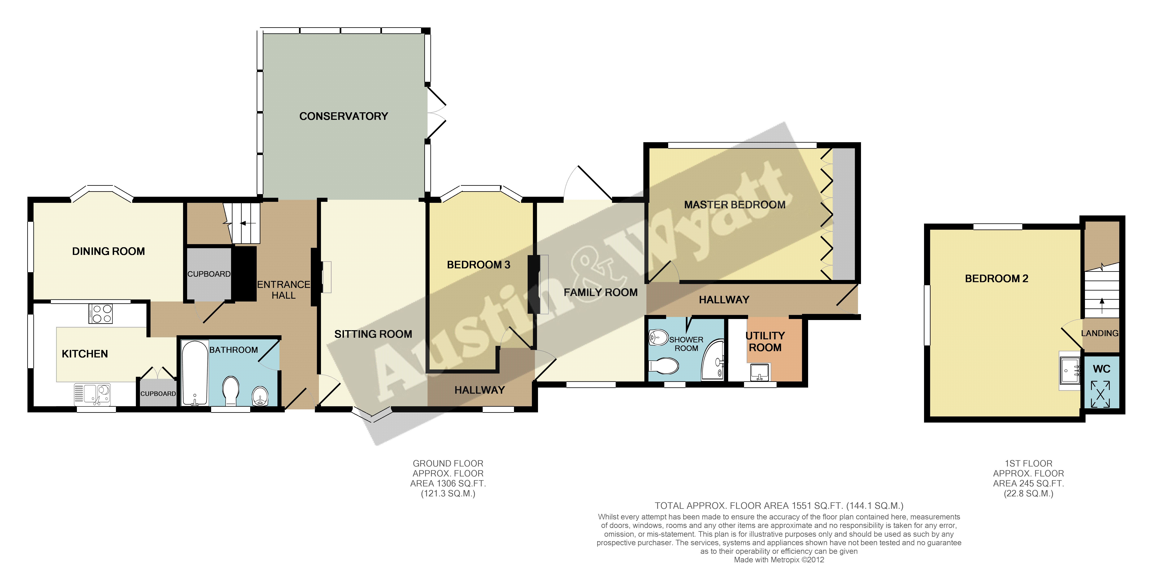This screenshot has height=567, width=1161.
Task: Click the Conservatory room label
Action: click(343, 116)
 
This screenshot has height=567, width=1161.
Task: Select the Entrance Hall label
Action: click(284, 290)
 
